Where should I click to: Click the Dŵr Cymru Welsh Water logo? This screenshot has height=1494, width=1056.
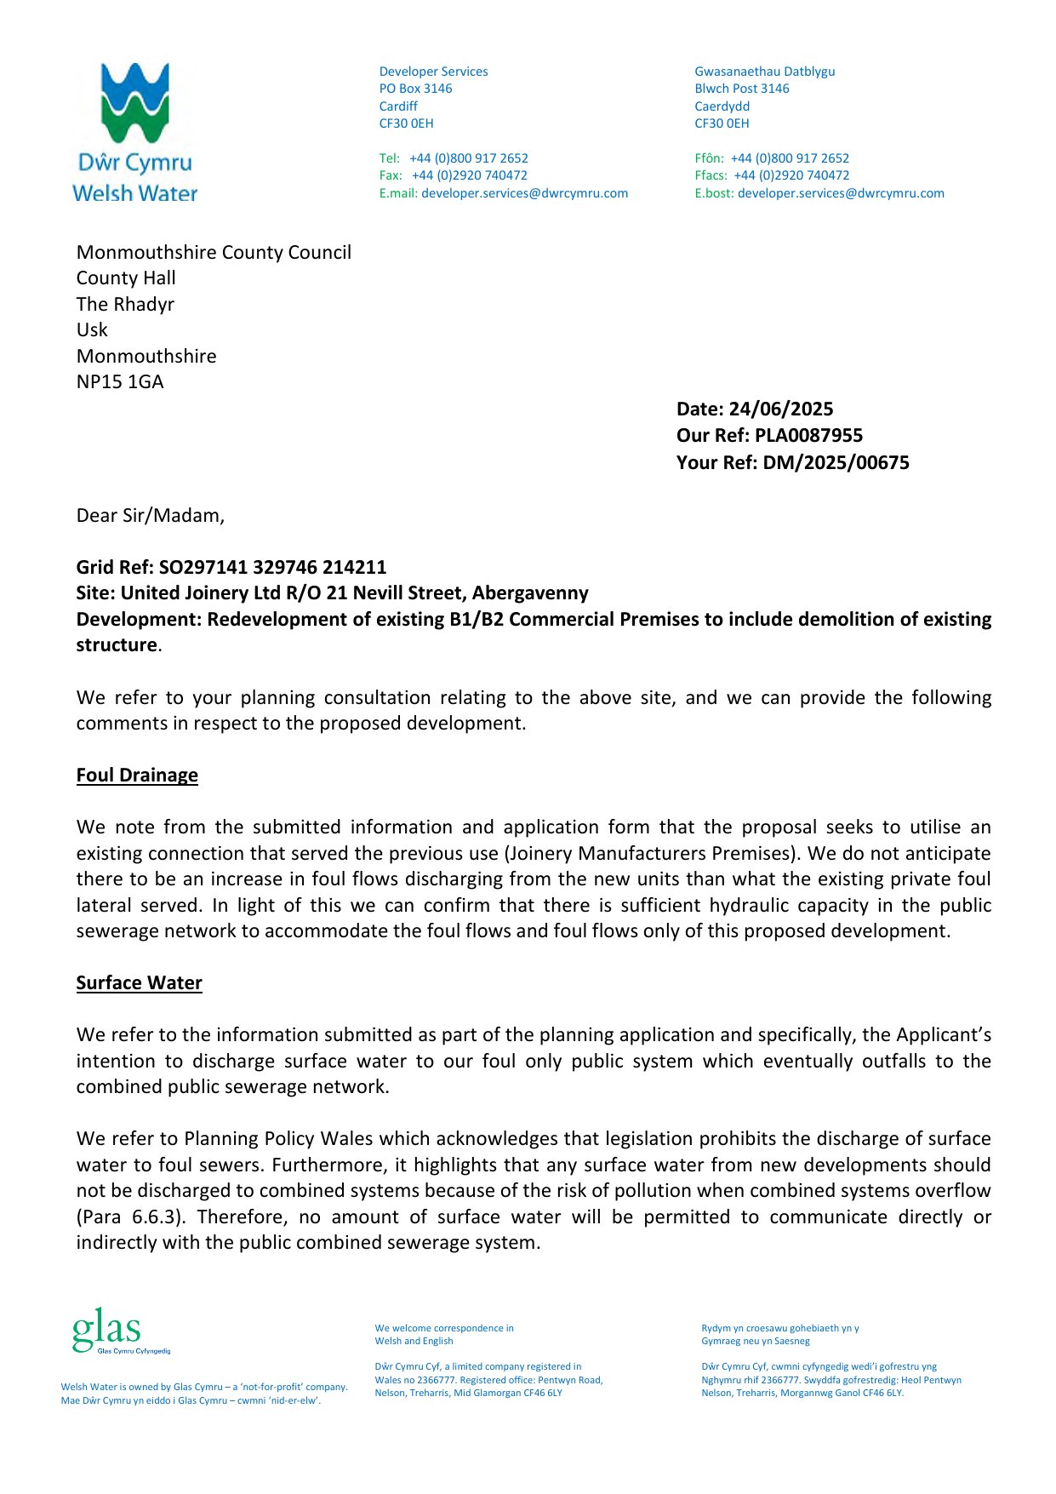[x=134, y=132]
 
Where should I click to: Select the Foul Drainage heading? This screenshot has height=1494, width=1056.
[x=137, y=775]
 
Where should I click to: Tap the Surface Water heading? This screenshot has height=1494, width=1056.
[x=139, y=982]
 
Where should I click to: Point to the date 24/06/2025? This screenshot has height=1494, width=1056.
[x=780, y=409]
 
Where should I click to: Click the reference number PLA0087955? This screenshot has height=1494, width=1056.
[x=808, y=435]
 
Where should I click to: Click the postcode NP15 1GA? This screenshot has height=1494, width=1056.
[x=120, y=381]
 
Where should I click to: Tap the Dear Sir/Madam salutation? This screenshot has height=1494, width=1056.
[x=150, y=515]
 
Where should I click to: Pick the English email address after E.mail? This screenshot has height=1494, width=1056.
[x=524, y=193]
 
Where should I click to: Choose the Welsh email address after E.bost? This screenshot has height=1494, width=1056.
[x=841, y=193]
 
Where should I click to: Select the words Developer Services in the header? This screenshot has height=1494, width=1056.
[x=433, y=72]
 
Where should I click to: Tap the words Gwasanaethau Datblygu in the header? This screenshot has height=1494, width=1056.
[x=764, y=72]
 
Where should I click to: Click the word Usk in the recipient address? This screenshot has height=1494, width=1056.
[x=92, y=329]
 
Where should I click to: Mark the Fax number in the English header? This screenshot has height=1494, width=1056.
[x=469, y=175]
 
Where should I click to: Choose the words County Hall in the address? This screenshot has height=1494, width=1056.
[x=126, y=278]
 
